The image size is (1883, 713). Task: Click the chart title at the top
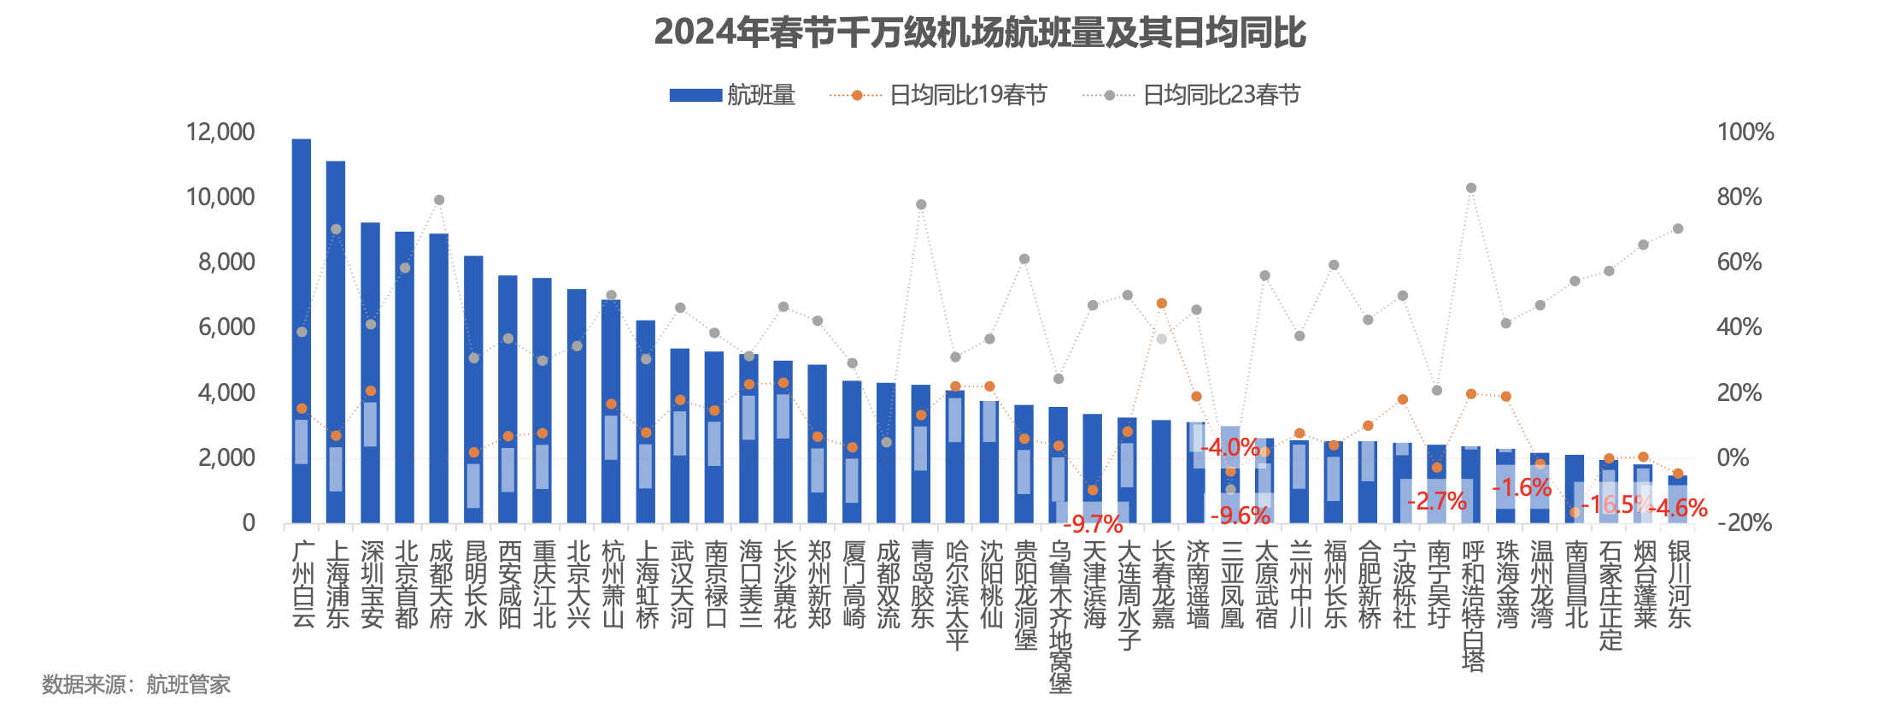pyautogui.click(x=980, y=32)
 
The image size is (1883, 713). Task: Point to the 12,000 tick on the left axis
pyautogui.click(x=220, y=132)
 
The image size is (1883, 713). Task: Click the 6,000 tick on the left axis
pyautogui.click(x=226, y=327)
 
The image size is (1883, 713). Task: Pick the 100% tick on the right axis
pyautogui.click(x=1745, y=132)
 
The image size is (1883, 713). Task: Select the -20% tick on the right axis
pyautogui.click(x=1749, y=522)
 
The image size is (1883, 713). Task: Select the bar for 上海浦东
pyautogui.click(x=336, y=342)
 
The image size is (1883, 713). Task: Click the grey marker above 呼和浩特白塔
pyautogui.click(x=1471, y=188)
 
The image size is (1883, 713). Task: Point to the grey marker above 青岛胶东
pyautogui.click(x=921, y=204)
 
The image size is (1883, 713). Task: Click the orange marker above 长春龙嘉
pyautogui.click(x=1162, y=303)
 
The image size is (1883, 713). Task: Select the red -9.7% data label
pyautogui.click(x=1093, y=523)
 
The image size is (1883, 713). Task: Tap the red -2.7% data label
pyautogui.click(x=1436, y=501)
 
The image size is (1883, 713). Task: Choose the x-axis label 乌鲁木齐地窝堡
pyautogui.click(x=1059, y=616)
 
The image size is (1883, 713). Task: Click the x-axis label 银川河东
pyautogui.click(x=1679, y=584)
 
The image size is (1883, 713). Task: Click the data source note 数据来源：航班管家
pyautogui.click(x=137, y=685)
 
